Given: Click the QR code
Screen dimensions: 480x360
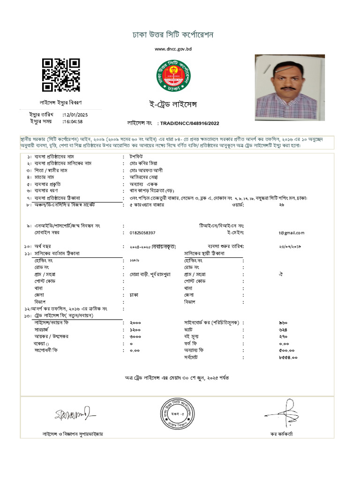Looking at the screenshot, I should click(x=61, y=75).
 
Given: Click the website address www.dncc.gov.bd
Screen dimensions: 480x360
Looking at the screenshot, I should click(x=173, y=49).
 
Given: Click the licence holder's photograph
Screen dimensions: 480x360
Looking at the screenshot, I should click(x=287, y=87).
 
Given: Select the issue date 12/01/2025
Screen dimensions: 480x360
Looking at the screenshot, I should click(x=75, y=115).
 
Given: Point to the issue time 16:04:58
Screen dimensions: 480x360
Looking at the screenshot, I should click(x=73, y=121).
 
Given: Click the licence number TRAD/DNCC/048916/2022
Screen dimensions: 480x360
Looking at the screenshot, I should click(x=189, y=123).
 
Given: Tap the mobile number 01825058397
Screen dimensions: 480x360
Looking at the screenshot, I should click(x=142, y=232).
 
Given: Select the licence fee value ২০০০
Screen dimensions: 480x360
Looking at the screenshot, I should click(x=135, y=323).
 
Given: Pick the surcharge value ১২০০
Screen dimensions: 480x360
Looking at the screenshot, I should click(x=135, y=330).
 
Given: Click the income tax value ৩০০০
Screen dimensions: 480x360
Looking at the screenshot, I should click(x=135, y=337).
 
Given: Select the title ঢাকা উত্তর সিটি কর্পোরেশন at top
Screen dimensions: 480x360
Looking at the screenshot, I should click(x=173, y=36).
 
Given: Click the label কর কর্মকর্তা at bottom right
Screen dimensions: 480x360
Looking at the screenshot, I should click(x=281, y=434).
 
